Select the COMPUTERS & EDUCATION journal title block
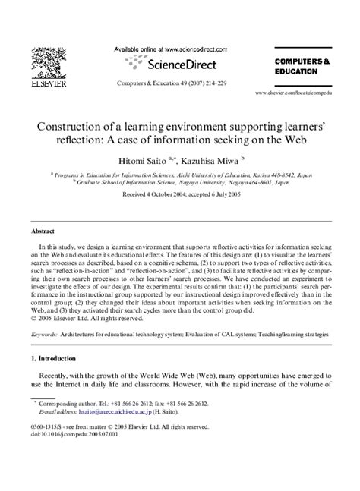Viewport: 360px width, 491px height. (x=302, y=65)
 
